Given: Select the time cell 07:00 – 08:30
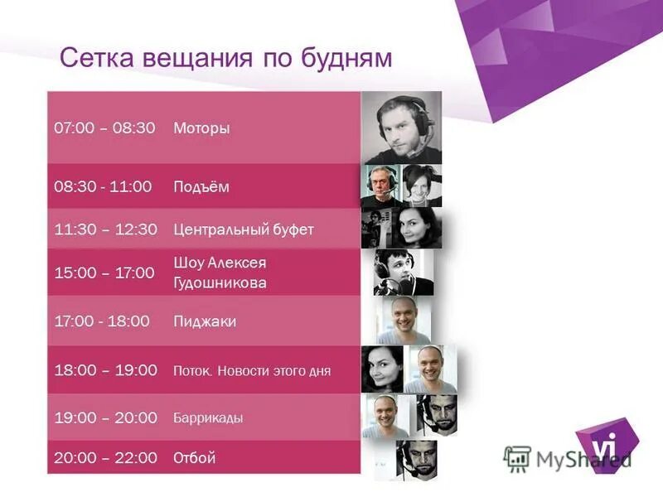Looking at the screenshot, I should tap(104, 128).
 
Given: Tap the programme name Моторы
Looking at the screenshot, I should tap(201, 128).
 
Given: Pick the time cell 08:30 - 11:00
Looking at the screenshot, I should tap(103, 187).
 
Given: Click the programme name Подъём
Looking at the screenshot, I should tap(201, 187).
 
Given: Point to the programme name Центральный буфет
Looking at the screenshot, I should tap(244, 229).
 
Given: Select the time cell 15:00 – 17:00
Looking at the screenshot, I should tap(104, 273).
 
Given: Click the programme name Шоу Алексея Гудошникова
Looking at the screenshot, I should tap(220, 273).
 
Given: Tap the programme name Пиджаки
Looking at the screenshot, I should tap(205, 321).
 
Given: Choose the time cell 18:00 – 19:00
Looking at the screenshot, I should tap(105, 370).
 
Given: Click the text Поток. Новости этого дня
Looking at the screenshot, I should tap(252, 371).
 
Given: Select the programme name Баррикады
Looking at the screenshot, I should tap(208, 417).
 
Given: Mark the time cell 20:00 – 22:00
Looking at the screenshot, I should tap(105, 457).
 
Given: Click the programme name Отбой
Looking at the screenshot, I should tap(195, 457).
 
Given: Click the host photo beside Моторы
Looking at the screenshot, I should tap(402, 128).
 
